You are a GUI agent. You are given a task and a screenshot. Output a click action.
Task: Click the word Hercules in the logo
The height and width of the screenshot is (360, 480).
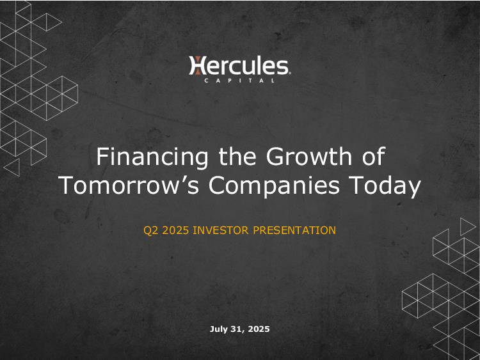[x=239, y=65]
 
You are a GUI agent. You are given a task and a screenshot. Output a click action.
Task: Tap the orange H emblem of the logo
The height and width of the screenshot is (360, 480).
[x=198, y=65]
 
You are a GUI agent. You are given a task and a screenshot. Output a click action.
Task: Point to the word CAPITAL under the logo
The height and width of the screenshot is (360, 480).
[x=239, y=81]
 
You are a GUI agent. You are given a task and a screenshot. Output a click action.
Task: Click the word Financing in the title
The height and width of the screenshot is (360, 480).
[x=152, y=157]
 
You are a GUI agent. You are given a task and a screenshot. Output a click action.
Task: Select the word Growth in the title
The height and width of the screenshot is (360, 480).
[x=309, y=157]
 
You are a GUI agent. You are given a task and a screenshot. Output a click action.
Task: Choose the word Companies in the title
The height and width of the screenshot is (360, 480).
[x=274, y=185]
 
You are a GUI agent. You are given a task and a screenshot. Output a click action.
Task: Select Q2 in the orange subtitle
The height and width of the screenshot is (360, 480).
[x=151, y=230]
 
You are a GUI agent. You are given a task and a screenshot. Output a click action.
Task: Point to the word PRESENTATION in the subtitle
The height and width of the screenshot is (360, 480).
[x=294, y=230]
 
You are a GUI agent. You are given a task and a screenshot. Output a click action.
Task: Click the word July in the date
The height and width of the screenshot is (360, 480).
[x=218, y=329]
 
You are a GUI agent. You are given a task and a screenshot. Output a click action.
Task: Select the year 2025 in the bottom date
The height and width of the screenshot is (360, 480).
[x=259, y=329]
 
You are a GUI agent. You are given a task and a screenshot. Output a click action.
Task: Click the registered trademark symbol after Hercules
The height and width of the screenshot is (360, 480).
[x=289, y=74]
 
